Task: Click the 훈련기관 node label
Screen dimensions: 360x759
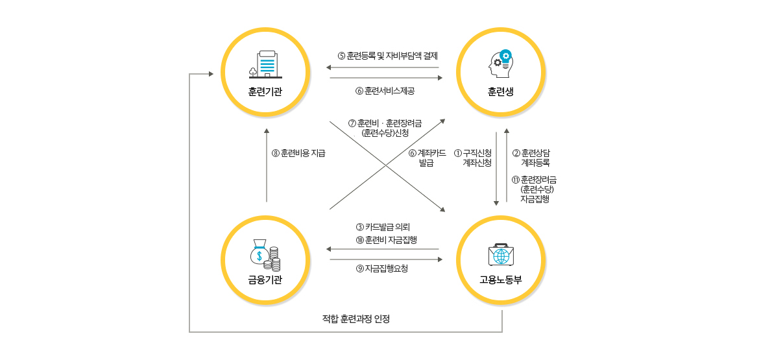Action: pos(265,91)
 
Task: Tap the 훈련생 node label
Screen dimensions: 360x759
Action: pos(501,91)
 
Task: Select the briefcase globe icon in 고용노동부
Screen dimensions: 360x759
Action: pos(501,255)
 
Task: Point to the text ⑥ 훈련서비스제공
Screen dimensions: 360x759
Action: pos(385,91)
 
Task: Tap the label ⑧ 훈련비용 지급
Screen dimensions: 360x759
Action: pos(299,154)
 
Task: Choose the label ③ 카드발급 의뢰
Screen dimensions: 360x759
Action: pos(383,227)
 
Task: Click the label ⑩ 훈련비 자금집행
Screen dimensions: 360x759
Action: pos(386,239)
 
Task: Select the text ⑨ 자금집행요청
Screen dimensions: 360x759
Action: pos(382,269)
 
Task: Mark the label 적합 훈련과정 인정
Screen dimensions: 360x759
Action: pos(355,319)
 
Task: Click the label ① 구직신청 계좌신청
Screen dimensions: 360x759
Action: pos(473,158)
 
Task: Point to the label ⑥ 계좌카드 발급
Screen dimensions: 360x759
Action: pos(427,158)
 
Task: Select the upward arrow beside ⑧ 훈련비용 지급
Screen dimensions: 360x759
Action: pos(267,165)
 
